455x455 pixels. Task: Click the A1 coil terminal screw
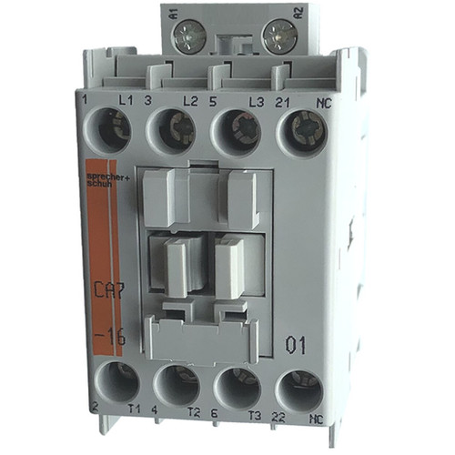click(192, 36)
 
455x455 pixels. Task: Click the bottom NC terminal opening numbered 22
click(299, 387)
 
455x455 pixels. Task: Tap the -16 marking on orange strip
click(106, 337)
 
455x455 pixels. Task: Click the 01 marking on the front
click(298, 345)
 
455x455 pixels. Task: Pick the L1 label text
click(127, 98)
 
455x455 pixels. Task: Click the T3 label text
click(256, 435)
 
